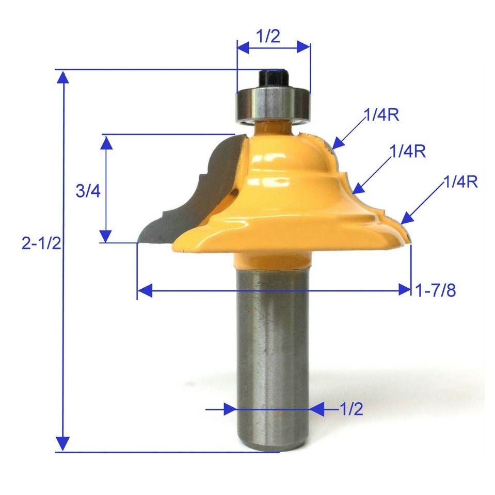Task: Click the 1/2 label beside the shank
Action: [352, 409]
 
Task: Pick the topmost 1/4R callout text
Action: [381, 115]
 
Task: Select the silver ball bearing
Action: [273, 105]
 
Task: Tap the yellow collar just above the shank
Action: [272, 258]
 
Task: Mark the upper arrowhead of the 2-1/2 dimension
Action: [63, 77]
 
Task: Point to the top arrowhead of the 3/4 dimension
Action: [106, 142]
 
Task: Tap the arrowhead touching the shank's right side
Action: [316, 409]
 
